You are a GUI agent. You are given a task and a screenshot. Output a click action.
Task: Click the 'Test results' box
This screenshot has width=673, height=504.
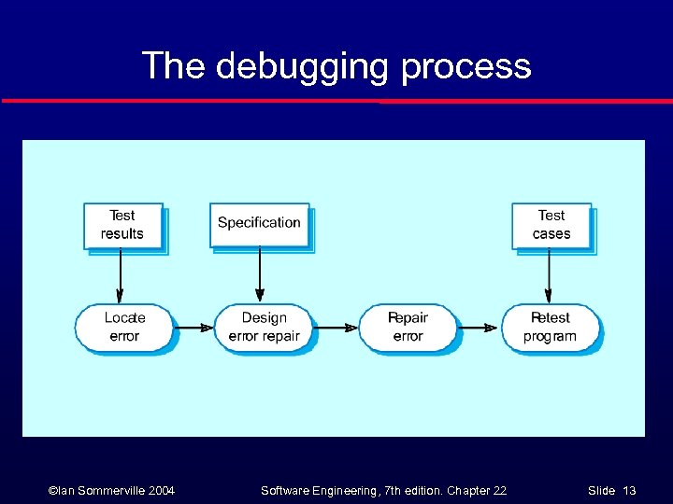pos(122,225)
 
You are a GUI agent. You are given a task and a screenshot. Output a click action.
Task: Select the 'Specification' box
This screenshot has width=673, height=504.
pos(259,223)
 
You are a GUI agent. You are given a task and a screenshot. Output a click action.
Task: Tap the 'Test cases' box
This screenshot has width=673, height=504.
pos(551,225)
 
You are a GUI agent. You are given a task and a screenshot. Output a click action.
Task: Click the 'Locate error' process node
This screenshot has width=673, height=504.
pos(123,327)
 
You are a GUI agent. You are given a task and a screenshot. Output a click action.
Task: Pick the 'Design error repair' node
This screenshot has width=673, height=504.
pos(265,327)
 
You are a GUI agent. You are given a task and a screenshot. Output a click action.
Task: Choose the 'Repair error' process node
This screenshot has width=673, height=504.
pos(408,327)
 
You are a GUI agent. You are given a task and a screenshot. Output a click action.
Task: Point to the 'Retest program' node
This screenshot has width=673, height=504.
pos(550,327)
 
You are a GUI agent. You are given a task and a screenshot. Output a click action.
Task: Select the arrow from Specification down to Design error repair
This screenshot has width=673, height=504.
pos(260,276)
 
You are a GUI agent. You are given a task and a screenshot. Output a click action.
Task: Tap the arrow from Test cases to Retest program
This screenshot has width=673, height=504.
pos(550,276)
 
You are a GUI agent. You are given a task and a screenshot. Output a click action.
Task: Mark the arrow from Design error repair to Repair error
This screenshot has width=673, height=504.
pos(337,328)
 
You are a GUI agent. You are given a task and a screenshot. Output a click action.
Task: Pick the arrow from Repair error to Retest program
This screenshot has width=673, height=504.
pos(479,328)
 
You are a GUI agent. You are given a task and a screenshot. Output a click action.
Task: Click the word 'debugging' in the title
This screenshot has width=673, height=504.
pos(301,67)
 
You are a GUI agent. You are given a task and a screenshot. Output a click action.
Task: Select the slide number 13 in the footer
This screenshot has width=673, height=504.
pos(629,490)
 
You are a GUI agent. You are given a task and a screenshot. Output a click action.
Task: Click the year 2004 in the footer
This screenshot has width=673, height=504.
pos(157,490)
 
